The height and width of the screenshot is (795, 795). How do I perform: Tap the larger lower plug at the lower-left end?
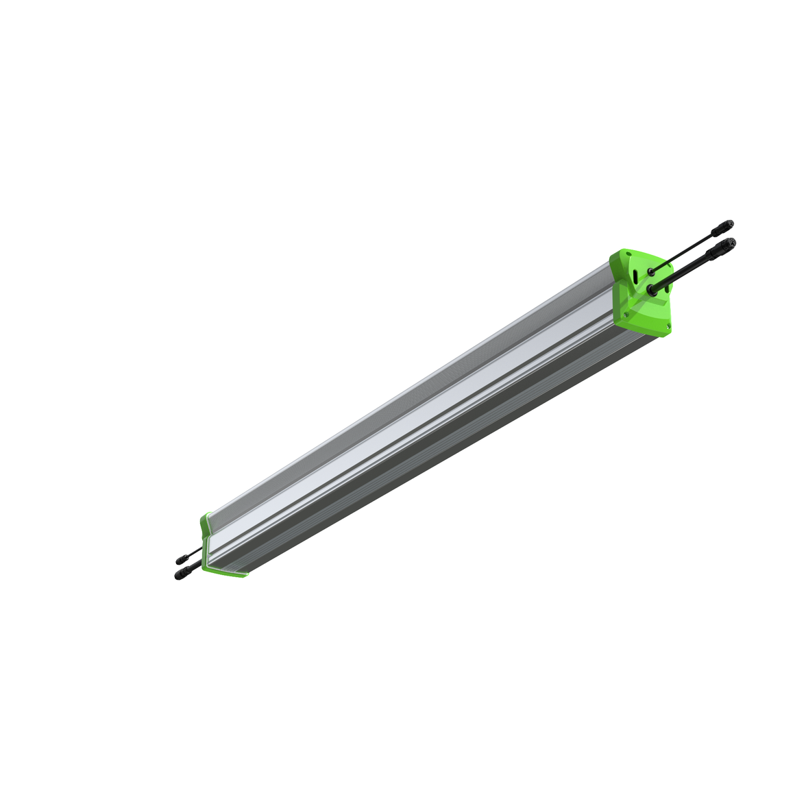(181, 574)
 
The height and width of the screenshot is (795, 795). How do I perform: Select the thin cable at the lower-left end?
(195, 552)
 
